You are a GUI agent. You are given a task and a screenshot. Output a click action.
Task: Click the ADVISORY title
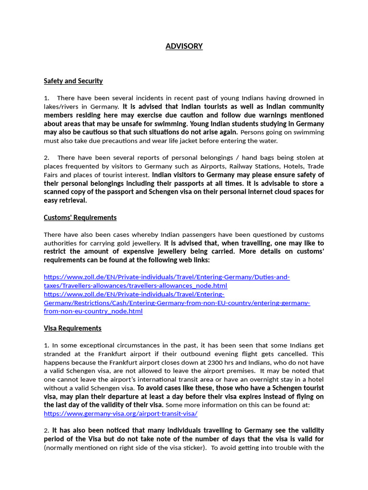point(184,46)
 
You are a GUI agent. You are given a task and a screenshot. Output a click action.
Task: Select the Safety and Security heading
point(73,81)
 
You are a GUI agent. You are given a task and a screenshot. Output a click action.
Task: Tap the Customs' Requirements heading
point(80,217)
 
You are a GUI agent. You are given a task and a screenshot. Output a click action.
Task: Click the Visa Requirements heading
point(72,328)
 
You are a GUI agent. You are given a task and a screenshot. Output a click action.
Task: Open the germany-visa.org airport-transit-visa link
point(120,413)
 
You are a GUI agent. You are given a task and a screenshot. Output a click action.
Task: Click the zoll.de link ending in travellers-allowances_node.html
point(135,286)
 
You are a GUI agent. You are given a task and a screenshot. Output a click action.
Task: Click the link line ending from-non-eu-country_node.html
point(93,311)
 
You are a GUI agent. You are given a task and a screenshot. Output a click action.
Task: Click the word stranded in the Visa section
point(58,354)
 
